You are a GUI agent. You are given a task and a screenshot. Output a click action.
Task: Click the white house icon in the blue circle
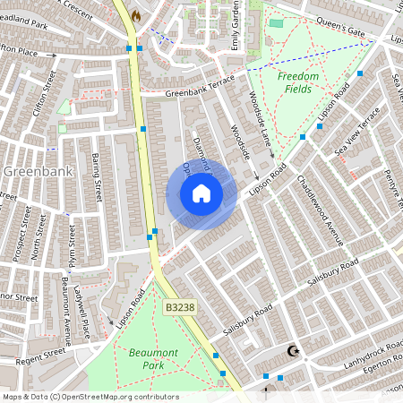pyautogui.click(x=201, y=193)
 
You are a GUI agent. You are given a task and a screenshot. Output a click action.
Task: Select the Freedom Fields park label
pyautogui.click(x=297, y=83)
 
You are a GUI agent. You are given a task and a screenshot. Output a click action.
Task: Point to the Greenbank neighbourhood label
pyautogui.click(x=31, y=170)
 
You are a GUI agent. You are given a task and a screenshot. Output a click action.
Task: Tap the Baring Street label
pyautogui.click(x=96, y=177)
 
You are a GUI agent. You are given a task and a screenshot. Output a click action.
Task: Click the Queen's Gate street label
pyautogui.click(x=343, y=31)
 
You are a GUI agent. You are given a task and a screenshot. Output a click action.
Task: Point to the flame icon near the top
pyautogui.click(x=136, y=15)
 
